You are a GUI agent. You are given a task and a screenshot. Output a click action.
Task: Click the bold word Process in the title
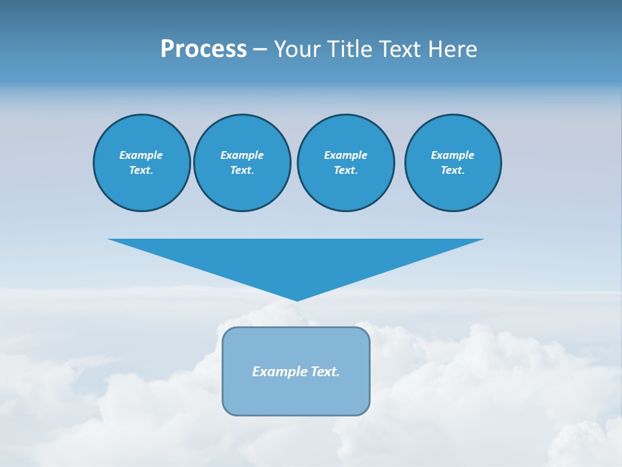[203, 49]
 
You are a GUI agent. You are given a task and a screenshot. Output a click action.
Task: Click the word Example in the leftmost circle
[141, 155]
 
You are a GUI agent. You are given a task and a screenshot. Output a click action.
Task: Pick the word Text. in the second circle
[242, 171]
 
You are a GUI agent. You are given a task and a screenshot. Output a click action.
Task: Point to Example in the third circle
[345, 155]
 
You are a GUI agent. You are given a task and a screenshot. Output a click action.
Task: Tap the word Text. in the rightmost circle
[453, 171]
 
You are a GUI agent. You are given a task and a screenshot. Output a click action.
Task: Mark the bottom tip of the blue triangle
[297, 299]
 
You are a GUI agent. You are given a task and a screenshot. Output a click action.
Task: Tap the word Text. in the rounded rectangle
[325, 372]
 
